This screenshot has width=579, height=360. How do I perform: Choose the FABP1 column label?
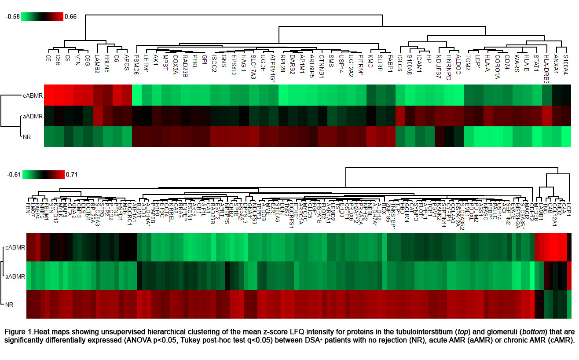click(390, 62)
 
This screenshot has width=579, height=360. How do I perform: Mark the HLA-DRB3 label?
click(546, 68)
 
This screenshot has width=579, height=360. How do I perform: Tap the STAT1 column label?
click(536, 61)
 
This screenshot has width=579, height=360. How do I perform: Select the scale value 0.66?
click(70, 17)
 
